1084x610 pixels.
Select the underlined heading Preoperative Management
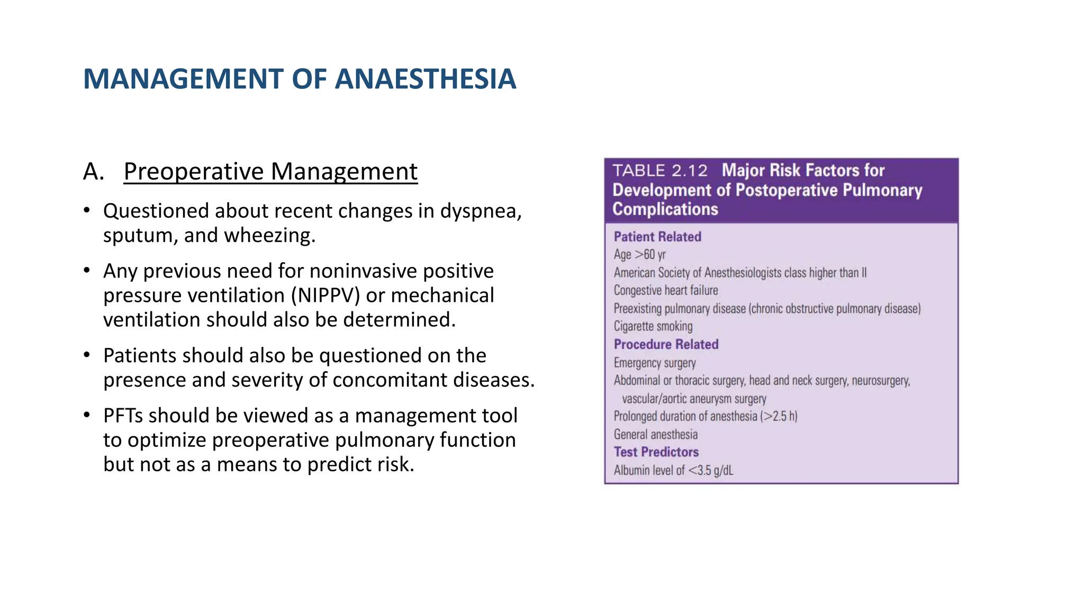pyautogui.click(x=270, y=172)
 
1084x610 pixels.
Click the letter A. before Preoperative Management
pyautogui.click(x=94, y=172)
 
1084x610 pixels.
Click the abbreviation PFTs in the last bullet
pyautogui.click(x=123, y=416)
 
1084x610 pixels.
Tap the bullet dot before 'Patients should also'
pyautogui.click(x=87, y=355)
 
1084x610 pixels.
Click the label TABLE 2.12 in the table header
pyautogui.click(x=660, y=171)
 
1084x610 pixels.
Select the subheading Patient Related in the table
pyautogui.click(x=657, y=237)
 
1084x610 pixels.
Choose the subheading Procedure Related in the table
pyautogui.click(x=666, y=344)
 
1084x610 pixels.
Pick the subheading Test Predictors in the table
pyautogui.click(x=656, y=452)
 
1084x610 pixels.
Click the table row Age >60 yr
pyautogui.click(x=639, y=255)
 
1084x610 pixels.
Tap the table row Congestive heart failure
pyautogui.click(x=666, y=290)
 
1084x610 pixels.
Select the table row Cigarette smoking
pyautogui.click(x=653, y=326)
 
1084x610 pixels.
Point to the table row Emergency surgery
pyautogui.click(x=655, y=363)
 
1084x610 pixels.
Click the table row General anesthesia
pyautogui.click(x=655, y=434)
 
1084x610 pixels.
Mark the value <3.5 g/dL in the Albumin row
pyautogui.click(x=711, y=470)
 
